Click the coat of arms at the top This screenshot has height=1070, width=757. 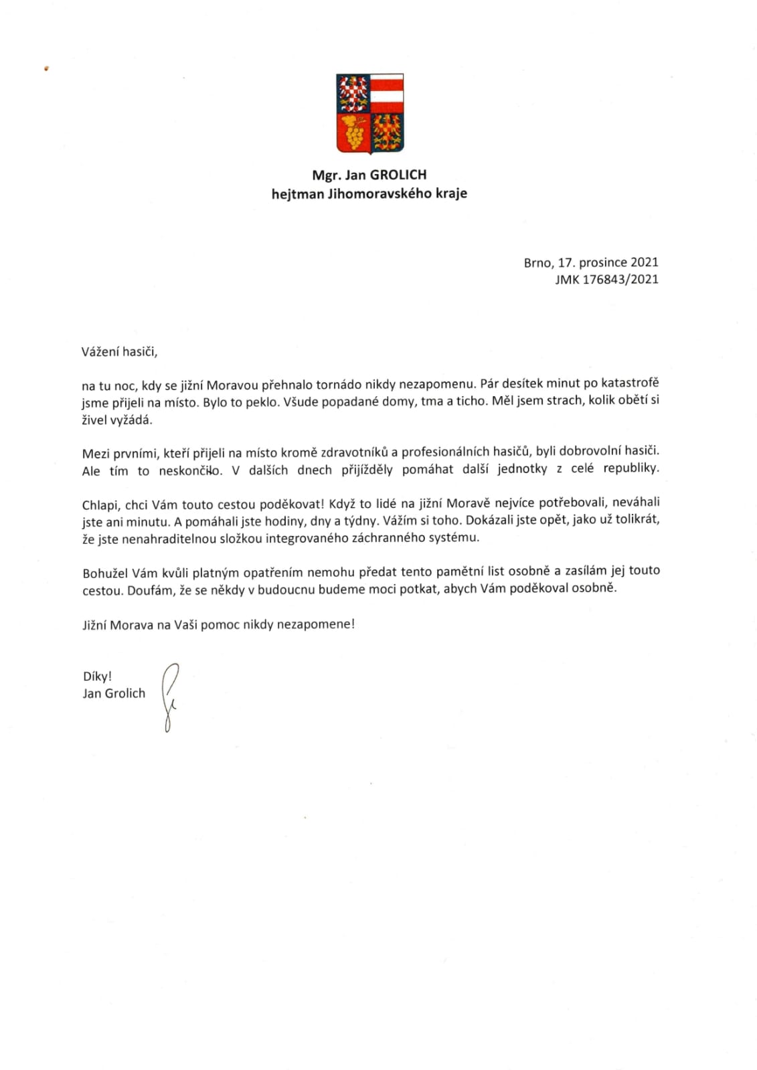point(369,113)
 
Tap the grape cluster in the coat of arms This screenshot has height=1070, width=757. point(353,133)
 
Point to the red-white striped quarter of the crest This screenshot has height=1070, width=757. point(387,92)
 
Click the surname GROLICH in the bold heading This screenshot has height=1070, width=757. point(398,175)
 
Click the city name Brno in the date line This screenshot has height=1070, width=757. point(538,262)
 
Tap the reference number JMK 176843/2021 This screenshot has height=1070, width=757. point(606,280)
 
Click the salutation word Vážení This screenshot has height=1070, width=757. point(100,351)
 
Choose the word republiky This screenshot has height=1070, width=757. point(630,468)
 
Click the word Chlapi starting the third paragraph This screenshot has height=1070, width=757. point(101,505)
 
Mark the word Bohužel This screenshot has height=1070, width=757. point(105,573)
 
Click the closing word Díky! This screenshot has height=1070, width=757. point(97,677)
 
